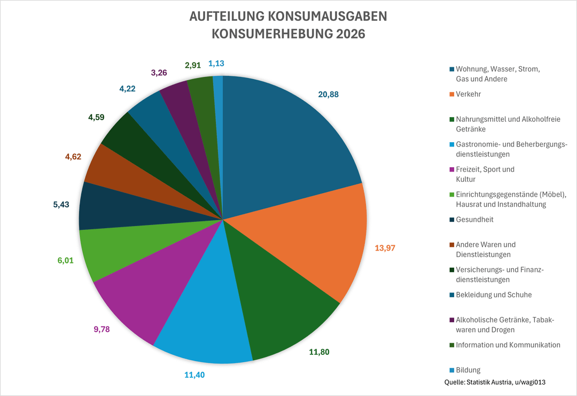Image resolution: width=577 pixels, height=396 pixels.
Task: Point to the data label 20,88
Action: click(x=328, y=95)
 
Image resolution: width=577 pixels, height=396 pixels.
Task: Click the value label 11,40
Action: click(x=194, y=375)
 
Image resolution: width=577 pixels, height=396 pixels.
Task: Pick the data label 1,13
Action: click(x=216, y=63)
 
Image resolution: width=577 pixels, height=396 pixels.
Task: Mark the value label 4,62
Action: click(x=73, y=157)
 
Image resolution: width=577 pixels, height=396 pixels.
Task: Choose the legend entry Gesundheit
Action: click(x=474, y=220)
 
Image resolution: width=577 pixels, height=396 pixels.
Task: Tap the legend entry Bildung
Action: click(x=468, y=370)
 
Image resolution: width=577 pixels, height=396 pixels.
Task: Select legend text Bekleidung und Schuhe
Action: click(x=494, y=295)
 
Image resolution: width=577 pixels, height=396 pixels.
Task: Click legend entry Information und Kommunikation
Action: click(x=508, y=345)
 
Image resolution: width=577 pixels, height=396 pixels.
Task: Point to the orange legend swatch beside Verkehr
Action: click(x=452, y=94)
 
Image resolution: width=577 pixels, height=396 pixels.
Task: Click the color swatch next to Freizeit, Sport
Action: click(x=452, y=169)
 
